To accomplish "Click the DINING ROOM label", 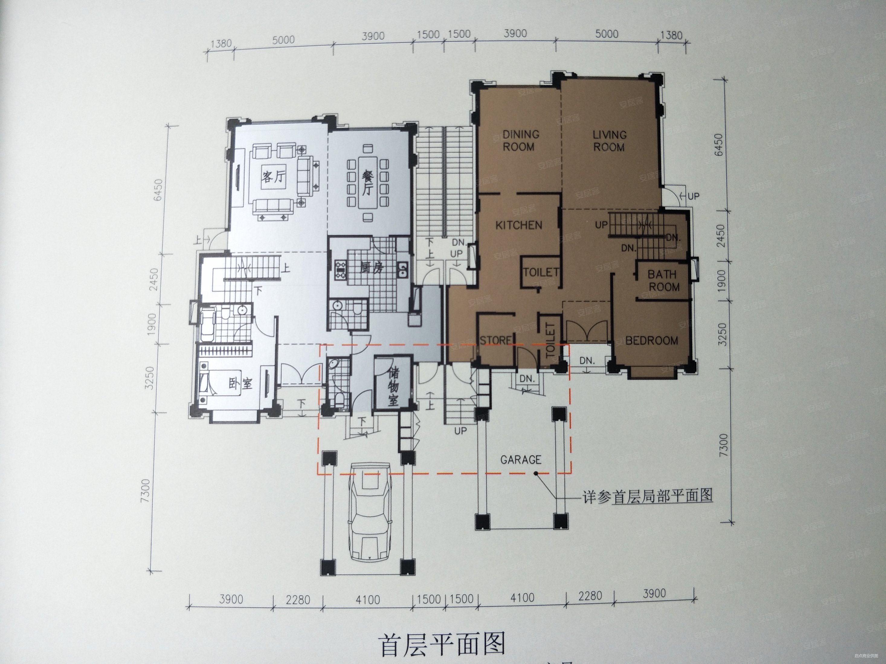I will (x=520, y=140).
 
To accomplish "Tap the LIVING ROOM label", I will (x=609, y=141).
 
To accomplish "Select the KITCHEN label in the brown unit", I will (x=519, y=225).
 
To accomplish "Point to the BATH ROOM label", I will (x=664, y=281).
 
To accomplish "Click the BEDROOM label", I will (x=652, y=341).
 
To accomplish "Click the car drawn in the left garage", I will (x=369, y=512).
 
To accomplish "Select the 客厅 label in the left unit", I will (x=274, y=176).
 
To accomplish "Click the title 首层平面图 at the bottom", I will (x=442, y=644).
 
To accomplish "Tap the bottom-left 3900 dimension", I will (x=231, y=599).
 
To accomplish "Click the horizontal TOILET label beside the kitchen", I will (x=541, y=273).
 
